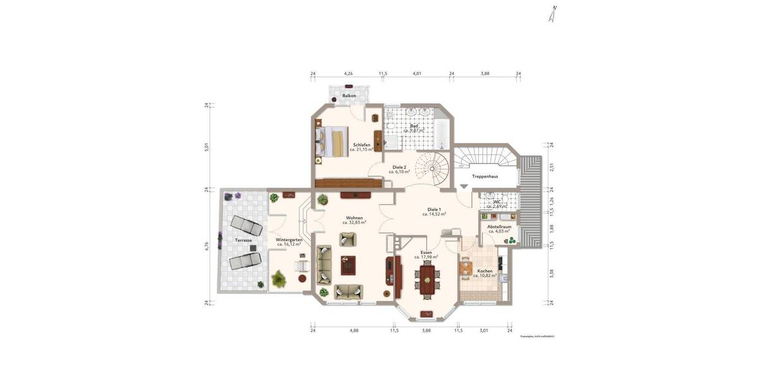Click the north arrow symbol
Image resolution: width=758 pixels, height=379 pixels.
tap(553, 14)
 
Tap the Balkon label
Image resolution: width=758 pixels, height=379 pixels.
tap(349, 96)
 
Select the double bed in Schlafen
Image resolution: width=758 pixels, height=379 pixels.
tap(332, 141)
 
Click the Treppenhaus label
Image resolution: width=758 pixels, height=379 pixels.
tap(485, 176)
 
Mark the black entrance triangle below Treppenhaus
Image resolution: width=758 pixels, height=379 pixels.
tap(464, 187)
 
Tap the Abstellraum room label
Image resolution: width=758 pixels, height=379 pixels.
tap(499, 226)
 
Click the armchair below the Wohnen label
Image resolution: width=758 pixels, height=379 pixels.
tap(347, 239)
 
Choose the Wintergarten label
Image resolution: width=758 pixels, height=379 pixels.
tap(289, 240)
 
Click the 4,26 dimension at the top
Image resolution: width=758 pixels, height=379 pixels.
tap(348, 74)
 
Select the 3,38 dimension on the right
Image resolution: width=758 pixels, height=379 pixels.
tap(551, 273)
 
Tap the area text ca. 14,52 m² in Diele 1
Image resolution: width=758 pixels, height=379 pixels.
tap(435, 214)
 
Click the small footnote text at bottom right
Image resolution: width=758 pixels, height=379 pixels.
tap(537, 337)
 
